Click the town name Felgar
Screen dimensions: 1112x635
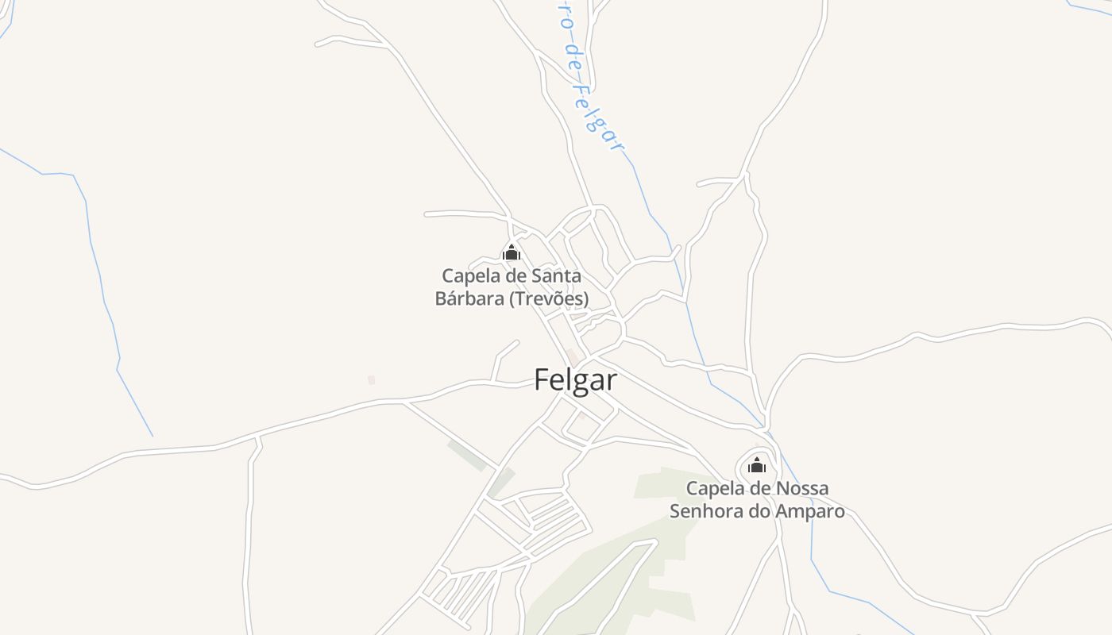575,379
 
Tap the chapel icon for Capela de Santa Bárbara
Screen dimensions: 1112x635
512,253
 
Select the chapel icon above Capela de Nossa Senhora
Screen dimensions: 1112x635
757,465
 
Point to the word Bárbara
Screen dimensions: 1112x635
469,299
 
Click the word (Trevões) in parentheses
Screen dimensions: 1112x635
549,299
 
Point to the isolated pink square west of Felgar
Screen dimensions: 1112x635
371,380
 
